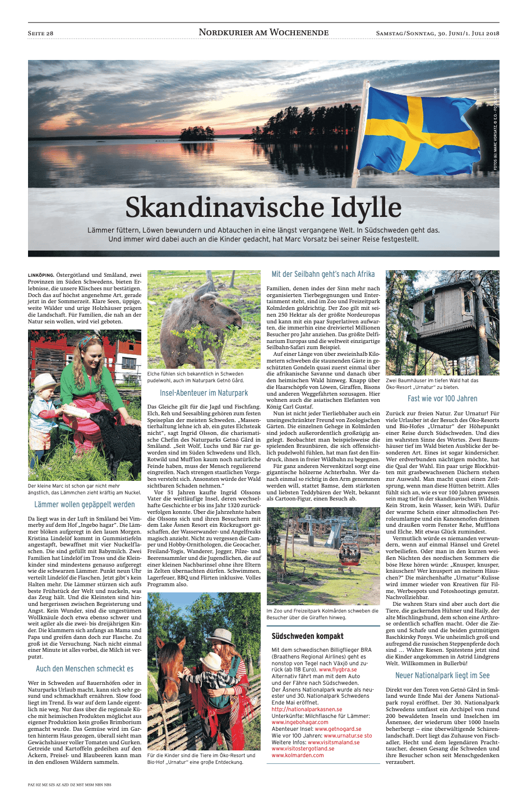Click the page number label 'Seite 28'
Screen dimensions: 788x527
[40, 33]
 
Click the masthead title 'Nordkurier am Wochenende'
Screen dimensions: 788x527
[263, 33]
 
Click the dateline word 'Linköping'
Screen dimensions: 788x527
[41, 275]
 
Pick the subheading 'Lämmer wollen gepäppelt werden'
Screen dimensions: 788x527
[85, 504]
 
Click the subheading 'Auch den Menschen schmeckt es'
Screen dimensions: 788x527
[85, 669]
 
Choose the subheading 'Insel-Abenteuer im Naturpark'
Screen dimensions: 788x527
[204, 393]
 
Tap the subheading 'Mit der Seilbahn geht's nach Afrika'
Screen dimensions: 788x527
[323, 274]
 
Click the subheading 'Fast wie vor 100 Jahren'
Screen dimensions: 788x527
[442, 398]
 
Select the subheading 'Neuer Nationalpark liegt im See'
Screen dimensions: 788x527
[442, 675]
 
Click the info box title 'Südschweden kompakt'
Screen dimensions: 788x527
[307, 636]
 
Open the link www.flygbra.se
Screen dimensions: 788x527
[338, 669]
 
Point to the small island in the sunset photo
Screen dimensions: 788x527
[202, 135]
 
